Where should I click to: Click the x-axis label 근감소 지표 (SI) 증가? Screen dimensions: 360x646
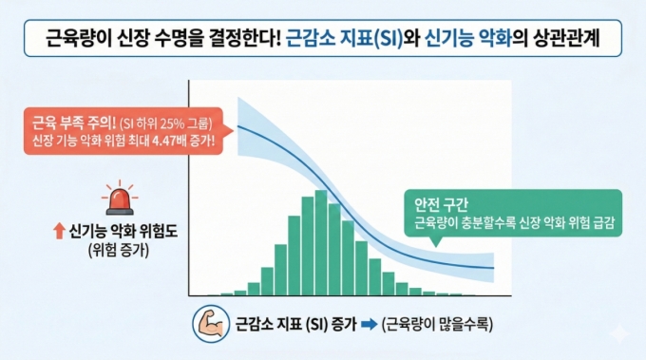(x=294, y=323)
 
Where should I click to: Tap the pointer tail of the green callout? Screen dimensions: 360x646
(x=435, y=243)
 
